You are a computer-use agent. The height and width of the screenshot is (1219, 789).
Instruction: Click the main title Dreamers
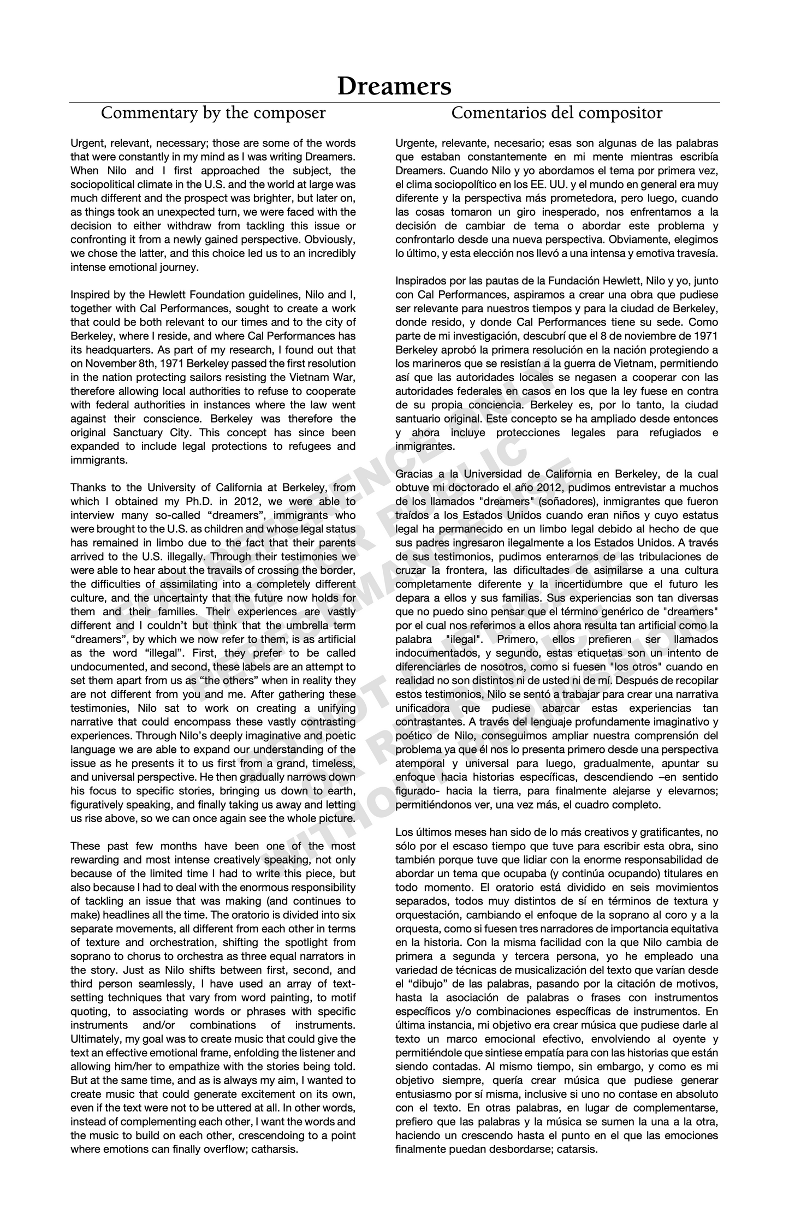tap(394, 86)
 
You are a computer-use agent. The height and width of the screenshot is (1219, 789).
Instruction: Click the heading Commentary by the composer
tap(213, 114)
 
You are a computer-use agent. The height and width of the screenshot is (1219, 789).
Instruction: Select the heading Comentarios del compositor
tap(556, 114)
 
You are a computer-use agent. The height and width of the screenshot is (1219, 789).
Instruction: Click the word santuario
tap(417, 419)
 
